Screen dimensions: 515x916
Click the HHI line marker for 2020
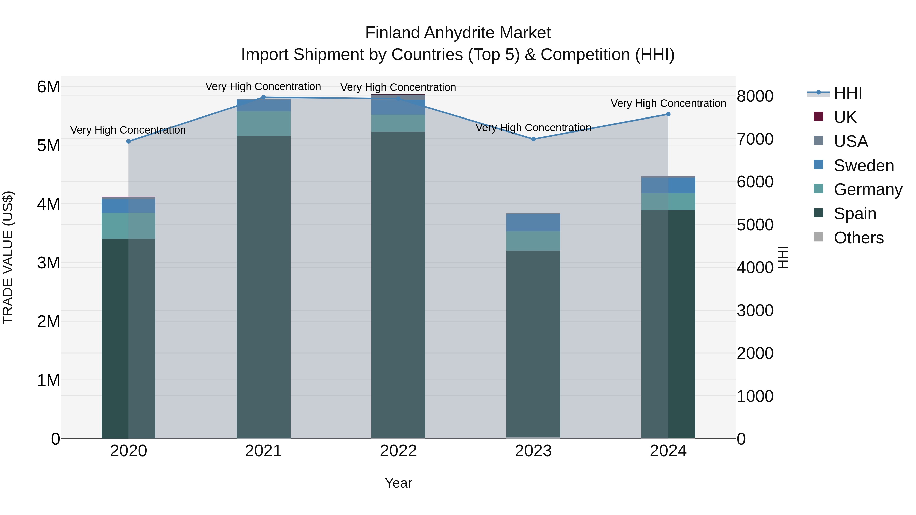[x=129, y=141]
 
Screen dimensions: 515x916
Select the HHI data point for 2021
[x=264, y=97]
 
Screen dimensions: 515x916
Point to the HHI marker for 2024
[x=668, y=114]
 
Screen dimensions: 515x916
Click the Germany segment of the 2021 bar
[x=264, y=124]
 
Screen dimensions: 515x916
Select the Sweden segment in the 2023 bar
[x=533, y=223]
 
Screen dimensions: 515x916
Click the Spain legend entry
[x=855, y=214]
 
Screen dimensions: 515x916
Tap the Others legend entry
[x=858, y=238]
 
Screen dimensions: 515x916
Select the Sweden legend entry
[x=864, y=166]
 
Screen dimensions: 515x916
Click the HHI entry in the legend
[x=848, y=93]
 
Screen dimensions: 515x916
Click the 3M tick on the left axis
[x=48, y=263]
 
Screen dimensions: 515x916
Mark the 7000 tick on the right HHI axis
[x=755, y=139]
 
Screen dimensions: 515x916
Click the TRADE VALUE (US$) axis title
[x=8, y=258]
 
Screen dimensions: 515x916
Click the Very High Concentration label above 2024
[x=668, y=104]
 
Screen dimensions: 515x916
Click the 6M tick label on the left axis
[x=48, y=87]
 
